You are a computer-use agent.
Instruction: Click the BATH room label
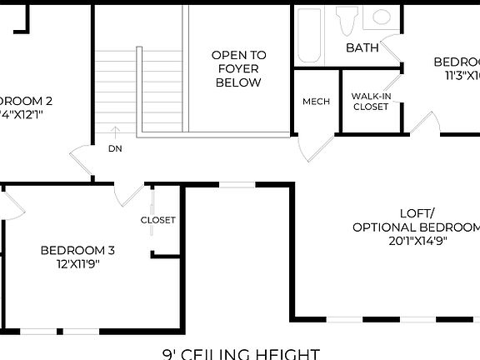point(362,48)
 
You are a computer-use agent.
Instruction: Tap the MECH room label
point(316,102)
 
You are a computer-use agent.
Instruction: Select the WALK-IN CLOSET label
point(371,101)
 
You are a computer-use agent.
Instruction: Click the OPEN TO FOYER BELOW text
point(238,69)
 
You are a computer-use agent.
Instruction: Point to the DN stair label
point(115,149)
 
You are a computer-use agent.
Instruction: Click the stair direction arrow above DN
point(115,132)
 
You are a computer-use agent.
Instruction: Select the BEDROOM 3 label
point(77,250)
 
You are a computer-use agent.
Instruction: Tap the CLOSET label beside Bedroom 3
point(158,220)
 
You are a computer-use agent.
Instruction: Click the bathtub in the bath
point(309,36)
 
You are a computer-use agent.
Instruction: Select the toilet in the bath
point(347,20)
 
